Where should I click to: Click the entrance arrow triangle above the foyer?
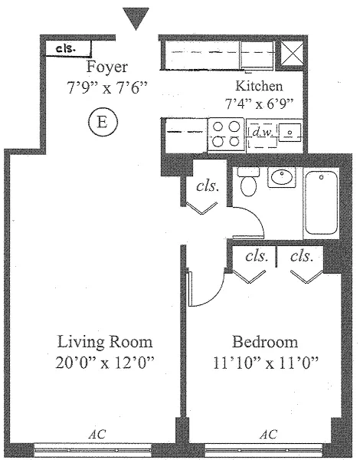(x=136, y=18)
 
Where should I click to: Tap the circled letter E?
(x=103, y=122)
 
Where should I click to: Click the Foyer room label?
(x=107, y=67)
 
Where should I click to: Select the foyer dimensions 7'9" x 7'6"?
(x=107, y=87)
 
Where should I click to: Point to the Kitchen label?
(x=259, y=86)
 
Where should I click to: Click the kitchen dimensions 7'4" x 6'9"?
(x=259, y=103)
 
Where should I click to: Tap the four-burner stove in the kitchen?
(x=226, y=134)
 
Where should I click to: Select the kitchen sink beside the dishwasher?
(x=290, y=133)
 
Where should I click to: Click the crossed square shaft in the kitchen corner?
(x=293, y=53)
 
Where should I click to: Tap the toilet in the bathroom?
(x=248, y=182)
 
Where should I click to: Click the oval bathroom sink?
(x=281, y=177)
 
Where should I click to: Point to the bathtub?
(x=321, y=202)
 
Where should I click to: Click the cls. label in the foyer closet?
(x=66, y=48)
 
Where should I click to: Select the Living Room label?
(x=105, y=342)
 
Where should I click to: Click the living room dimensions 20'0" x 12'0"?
(x=105, y=363)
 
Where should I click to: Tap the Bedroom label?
(x=265, y=342)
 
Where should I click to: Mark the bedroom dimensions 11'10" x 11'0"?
(x=265, y=363)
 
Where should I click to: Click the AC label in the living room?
(x=97, y=434)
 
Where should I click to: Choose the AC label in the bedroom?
(x=269, y=434)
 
